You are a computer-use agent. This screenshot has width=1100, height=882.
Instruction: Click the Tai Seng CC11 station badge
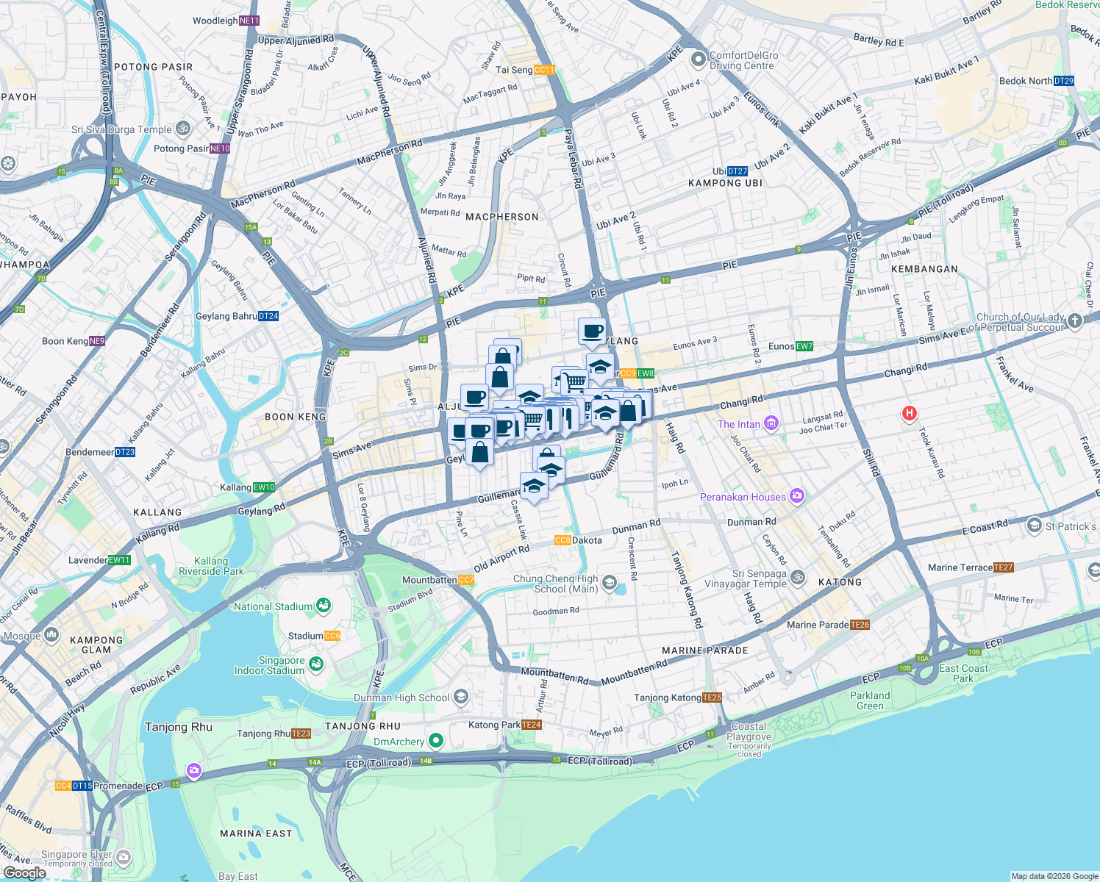point(544,70)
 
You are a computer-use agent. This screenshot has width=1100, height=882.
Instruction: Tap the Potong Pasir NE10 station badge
point(220,148)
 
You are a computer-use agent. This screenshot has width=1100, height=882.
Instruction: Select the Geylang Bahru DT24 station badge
point(268,316)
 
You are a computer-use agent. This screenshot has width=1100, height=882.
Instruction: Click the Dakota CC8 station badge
point(562,540)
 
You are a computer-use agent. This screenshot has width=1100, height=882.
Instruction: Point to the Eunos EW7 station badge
point(804,346)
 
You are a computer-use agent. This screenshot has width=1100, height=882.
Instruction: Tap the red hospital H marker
point(910,414)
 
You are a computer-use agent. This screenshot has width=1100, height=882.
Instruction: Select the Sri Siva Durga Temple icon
point(183,129)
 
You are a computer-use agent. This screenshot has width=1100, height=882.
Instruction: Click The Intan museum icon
point(771,423)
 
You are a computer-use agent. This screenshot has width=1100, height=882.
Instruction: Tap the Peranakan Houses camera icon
point(797,497)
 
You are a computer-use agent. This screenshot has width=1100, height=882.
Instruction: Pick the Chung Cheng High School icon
point(609,584)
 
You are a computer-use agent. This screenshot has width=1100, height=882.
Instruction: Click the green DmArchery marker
point(436,741)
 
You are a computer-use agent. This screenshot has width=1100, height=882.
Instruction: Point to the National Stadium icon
point(324,606)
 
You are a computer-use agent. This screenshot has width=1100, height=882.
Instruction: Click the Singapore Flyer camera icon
point(124,857)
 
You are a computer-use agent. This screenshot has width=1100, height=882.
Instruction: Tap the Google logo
point(24,872)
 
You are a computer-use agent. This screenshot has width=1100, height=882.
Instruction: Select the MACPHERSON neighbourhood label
point(502,217)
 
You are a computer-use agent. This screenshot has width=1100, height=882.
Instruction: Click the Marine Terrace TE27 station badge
point(1003,567)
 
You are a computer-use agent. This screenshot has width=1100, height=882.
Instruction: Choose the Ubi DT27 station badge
point(737,171)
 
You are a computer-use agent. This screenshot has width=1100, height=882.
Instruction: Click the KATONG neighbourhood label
point(840,582)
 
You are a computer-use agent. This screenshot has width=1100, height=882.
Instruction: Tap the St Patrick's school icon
point(1035,526)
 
